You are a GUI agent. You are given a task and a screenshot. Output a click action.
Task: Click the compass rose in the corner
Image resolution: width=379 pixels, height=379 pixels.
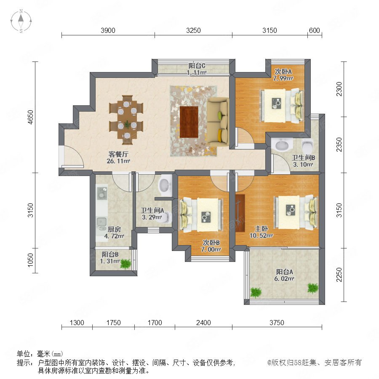tap(21, 21)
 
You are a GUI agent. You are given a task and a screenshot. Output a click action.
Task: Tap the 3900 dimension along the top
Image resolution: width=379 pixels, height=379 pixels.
tap(108, 30)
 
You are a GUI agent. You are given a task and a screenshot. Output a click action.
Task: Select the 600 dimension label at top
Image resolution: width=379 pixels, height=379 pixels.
tap(314, 30)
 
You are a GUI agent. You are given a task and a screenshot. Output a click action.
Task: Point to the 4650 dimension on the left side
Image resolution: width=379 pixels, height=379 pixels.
tap(30, 117)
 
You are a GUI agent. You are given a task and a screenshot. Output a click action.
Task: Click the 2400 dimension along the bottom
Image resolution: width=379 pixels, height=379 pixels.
tap(203, 323)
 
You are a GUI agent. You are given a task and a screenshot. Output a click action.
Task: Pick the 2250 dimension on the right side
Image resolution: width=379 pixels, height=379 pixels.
tap(339, 275)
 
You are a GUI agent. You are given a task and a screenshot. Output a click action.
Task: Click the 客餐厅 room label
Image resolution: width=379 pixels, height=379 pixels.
tap(118, 154)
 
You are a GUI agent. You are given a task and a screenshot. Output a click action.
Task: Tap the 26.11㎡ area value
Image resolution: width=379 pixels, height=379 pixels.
tap(118, 161)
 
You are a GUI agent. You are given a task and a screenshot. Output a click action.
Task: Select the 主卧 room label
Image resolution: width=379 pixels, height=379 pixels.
tap(261, 229)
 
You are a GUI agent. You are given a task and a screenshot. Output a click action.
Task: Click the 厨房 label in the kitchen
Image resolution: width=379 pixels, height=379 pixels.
tap(114, 229)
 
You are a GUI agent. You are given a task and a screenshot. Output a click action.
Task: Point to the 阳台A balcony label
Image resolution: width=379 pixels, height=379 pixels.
tap(285, 272)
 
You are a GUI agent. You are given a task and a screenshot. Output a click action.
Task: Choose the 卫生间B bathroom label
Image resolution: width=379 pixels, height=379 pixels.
tap(303, 157)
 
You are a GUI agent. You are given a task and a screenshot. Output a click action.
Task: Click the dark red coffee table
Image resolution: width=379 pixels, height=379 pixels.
tap(189, 122)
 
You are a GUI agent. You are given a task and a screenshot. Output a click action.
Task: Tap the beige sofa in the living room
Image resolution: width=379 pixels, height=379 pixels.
tap(218, 122)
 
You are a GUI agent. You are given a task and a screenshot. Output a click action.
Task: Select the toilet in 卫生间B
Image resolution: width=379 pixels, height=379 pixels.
tap(307, 145)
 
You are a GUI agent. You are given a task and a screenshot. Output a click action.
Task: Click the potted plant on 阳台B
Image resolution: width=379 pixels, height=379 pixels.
tap(125, 264)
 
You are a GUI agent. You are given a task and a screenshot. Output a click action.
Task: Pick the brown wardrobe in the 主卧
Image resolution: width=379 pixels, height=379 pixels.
tap(240, 213)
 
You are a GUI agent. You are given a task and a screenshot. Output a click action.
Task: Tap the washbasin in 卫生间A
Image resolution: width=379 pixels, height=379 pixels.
tap(165, 185)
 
